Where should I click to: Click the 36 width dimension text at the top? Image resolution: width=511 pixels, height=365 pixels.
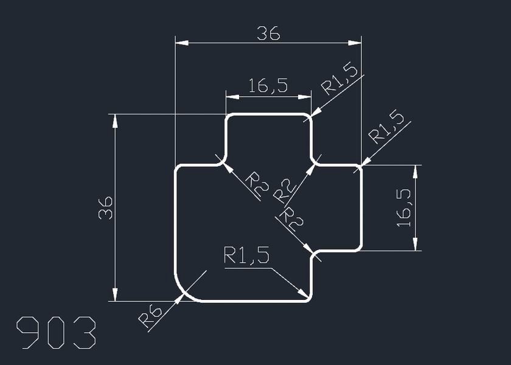click(268, 34)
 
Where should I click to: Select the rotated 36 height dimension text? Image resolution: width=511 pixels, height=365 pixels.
click(105, 207)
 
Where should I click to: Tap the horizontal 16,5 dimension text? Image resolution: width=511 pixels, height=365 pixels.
click(268, 86)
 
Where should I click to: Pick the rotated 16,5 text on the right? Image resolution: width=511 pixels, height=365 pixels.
click(405, 207)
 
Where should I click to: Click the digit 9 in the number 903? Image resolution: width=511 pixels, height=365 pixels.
click(29, 333)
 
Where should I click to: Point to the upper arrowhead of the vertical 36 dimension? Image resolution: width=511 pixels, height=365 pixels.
click(115, 120)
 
